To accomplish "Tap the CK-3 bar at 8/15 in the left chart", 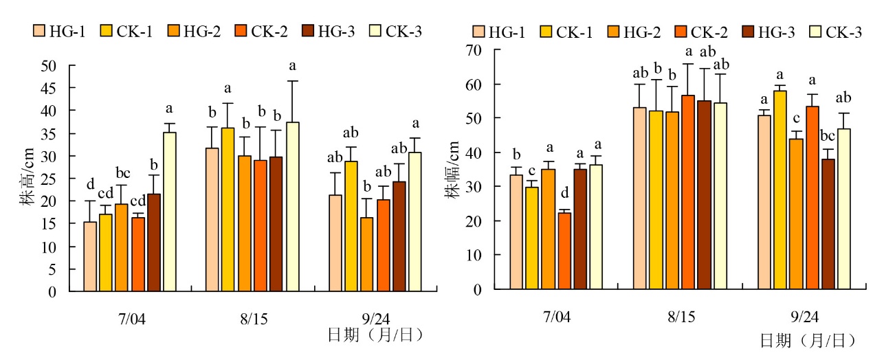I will [292, 207].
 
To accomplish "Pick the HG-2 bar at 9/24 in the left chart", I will [366, 254].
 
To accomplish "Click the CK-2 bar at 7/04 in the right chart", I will [564, 251].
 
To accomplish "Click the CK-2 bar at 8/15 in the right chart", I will [688, 192].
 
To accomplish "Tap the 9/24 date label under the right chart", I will [805, 317].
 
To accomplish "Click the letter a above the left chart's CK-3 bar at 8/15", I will [292, 67].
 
